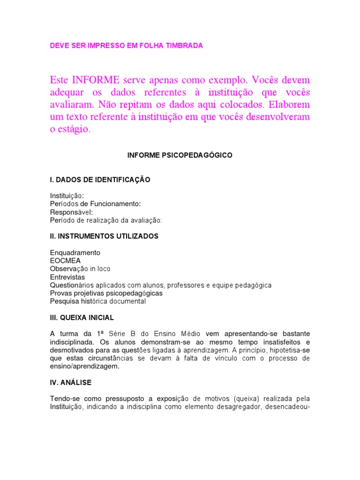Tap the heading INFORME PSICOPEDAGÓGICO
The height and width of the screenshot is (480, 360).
(x=180, y=155)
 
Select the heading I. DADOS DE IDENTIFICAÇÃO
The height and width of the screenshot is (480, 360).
(x=100, y=180)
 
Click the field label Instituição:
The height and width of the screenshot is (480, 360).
(x=67, y=195)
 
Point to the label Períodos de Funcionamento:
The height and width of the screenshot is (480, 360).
(x=95, y=203)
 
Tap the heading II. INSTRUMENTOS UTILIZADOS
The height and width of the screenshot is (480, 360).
(x=104, y=236)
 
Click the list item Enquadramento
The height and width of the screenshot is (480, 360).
(x=75, y=253)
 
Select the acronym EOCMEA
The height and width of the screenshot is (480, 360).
(x=65, y=261)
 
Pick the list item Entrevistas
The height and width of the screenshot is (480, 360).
(x=67, y=277)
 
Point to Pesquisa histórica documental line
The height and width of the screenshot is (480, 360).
(x=98, y=301)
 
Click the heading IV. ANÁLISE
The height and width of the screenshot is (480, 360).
(x=71, y=382)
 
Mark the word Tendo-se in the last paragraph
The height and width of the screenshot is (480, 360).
(x=64, y=399)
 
